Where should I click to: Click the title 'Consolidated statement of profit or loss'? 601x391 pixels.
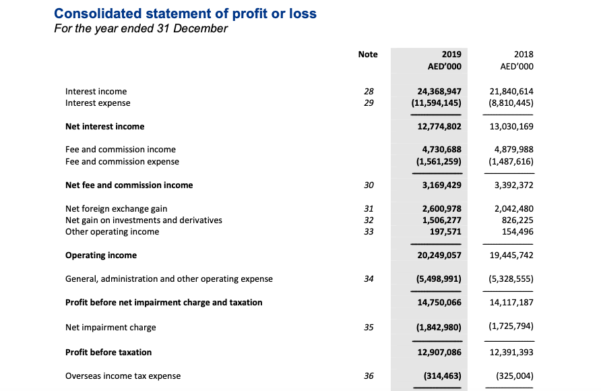coord(185,13)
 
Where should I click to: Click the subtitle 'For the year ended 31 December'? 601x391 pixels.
coord(140,29)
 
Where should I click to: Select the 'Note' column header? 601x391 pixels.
coord(368,55)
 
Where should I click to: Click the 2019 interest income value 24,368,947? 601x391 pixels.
coord(435,91)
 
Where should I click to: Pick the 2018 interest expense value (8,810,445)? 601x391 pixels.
coord(511,104)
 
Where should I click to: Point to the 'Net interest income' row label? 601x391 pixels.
coord(104,127)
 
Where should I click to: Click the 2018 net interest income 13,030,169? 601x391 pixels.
coord(513,127)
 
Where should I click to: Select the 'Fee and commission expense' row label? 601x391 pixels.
coord(122,162)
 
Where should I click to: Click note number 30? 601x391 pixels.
coord(369,185)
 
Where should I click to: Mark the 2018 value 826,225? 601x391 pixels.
coord(515,220)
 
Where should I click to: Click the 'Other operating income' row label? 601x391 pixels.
coord(112,232)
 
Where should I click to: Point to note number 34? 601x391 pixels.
coord(369,279)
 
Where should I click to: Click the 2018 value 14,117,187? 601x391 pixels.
coord(513,303)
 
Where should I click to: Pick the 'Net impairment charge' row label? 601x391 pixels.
coord(110,328)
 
